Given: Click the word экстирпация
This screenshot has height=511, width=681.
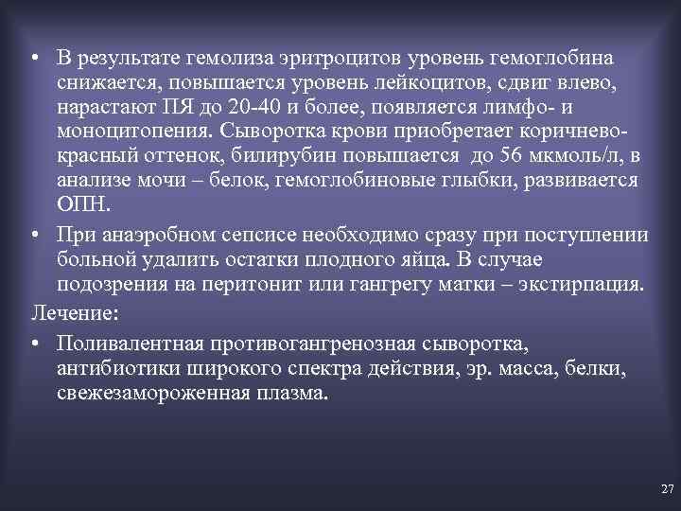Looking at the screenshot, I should coord(577,285).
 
